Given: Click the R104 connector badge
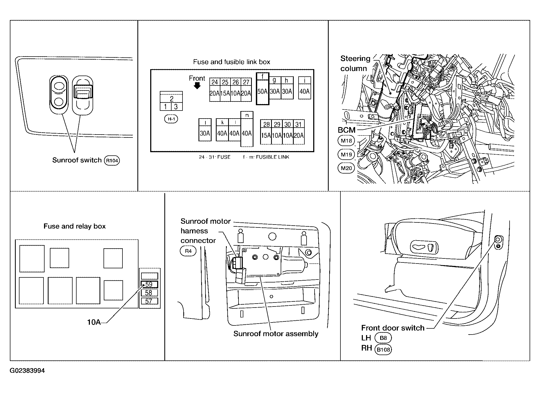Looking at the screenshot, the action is (112, 160).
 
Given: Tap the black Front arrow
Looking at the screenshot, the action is (197, 85).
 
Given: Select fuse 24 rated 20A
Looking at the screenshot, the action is (215, 90).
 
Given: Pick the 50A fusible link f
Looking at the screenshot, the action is (263, 89).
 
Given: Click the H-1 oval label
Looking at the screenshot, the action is (171, 119).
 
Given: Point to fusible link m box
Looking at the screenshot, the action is (247, 129).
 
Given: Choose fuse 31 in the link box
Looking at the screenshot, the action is (299, 132).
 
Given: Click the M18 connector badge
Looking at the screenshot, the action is (346, 141).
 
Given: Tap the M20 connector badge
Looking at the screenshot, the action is (346, 168).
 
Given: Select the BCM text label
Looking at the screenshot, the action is (347, 130).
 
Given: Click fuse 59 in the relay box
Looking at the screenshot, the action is (149, 284).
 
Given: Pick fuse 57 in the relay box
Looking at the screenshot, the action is (149, 301).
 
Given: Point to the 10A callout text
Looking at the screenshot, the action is (94, 322).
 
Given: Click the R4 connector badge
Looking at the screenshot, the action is (188, 251).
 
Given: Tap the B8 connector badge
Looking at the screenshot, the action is (383, 338).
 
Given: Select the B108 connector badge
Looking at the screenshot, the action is (383, 349).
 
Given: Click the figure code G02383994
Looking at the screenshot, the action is (27, 371).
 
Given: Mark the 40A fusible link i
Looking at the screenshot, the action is (304, 88).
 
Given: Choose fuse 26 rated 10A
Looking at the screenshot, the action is (236, 90).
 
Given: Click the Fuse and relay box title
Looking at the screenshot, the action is (75, 226).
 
